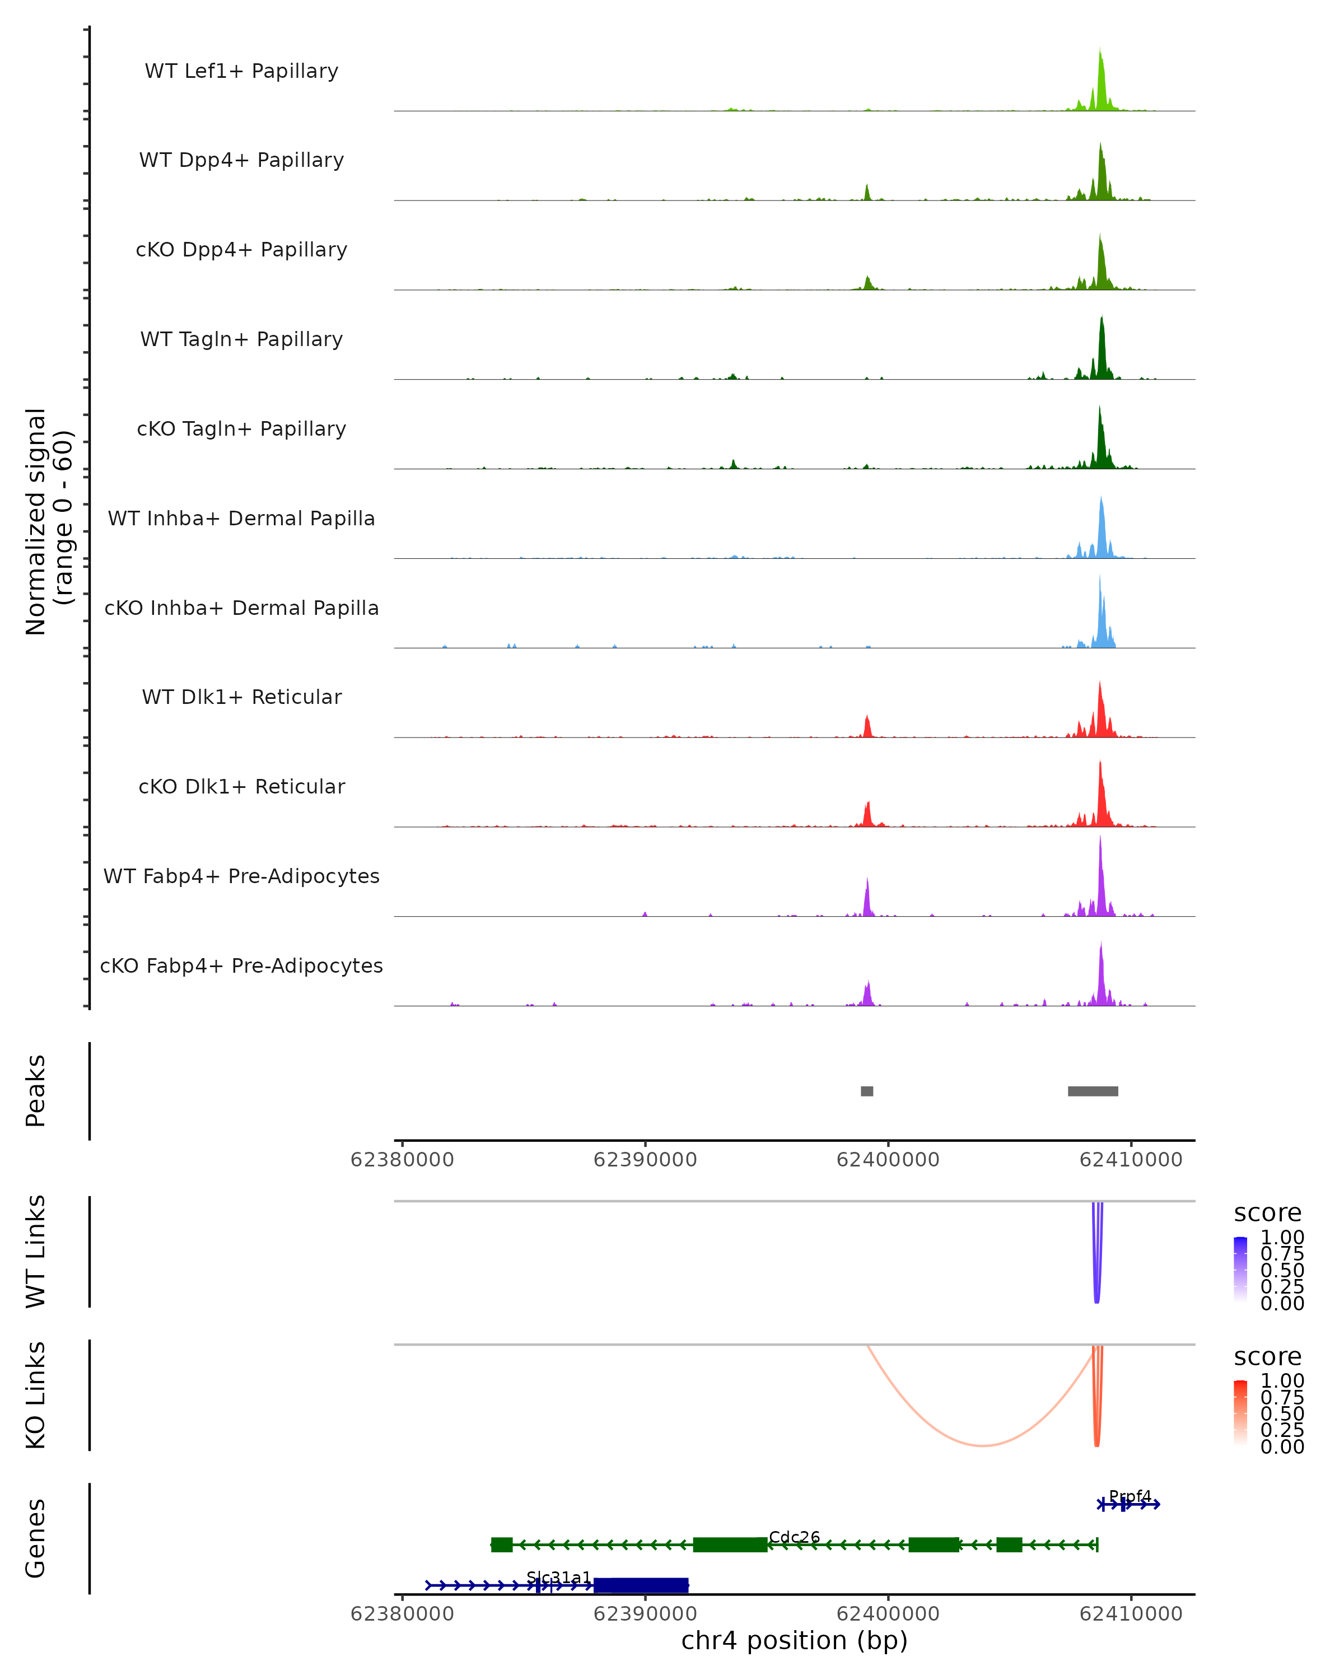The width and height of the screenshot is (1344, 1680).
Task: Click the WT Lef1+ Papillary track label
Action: (241, 71)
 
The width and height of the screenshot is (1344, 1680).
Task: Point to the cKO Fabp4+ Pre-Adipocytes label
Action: (241, 965)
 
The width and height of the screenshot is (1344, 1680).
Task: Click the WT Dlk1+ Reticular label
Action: (241, 697)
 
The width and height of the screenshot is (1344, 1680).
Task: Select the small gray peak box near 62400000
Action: (866, 1091)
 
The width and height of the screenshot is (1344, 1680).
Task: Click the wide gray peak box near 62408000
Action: (1093, 1091)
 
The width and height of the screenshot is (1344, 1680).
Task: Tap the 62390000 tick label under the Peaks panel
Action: (645, 1160)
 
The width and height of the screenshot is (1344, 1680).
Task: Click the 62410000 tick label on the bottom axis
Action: (1131, 1614)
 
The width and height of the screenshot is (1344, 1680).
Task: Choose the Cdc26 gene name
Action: (794, 1537)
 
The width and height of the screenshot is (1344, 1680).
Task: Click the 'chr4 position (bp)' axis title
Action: (794, 1641)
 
